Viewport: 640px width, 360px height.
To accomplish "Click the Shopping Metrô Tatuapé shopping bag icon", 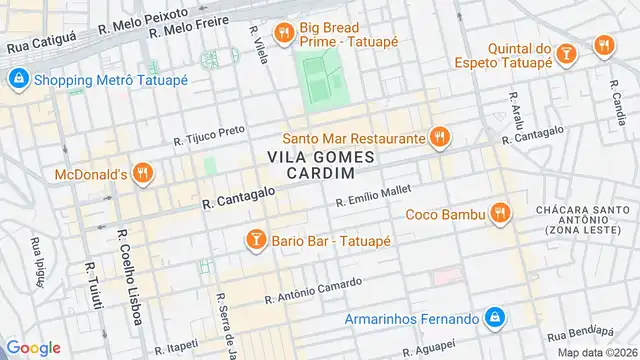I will point(17,79).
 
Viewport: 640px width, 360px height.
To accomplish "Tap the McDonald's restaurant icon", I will point(144,174).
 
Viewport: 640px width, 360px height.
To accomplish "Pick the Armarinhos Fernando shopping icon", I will point(494,318).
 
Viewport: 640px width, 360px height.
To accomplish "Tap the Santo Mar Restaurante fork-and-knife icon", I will point(438,136).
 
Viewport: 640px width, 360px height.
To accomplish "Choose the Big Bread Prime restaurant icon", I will point(285,33).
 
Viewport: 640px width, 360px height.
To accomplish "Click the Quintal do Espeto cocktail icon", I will point(566,50).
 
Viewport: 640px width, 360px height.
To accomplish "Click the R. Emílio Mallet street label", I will point(373,193).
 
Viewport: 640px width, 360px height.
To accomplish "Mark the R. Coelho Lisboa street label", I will point(127,263).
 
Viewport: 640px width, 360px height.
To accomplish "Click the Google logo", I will point(33,347).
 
